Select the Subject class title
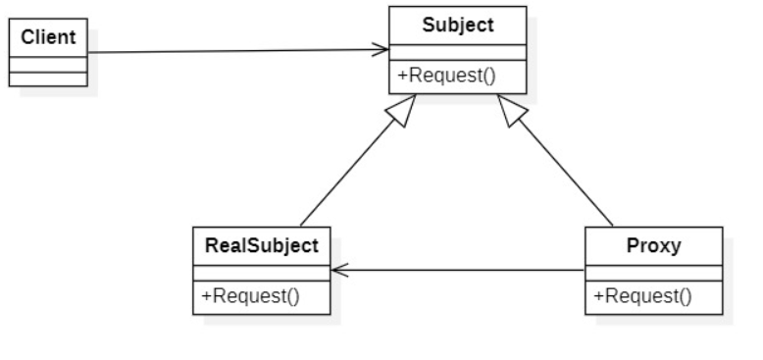pos(457,25)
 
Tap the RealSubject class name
pos(261,245)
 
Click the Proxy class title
pos(653,245)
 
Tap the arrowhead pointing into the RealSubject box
pos(338,270)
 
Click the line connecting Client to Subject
pos(235,51)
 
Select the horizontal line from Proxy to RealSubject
pos(461,270)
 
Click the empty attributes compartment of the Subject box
pos(457,53)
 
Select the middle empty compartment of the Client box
pos(47,64)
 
